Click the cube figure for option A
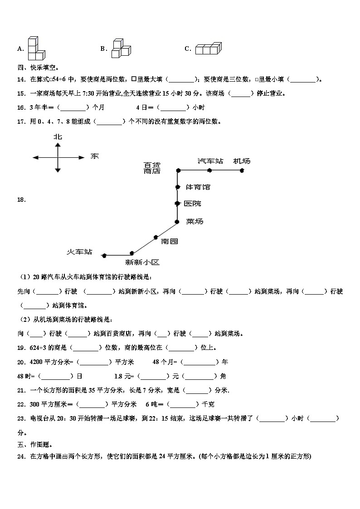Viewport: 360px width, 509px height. [x=35, y=48]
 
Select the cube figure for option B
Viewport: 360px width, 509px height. [x=120, y=48]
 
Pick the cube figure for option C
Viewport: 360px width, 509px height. [x=208, y=48]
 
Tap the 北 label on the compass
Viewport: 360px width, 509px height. [x=58, y=136]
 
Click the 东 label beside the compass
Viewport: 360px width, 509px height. [x=94, y=156]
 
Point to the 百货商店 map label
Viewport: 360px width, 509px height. [x=152, y=168]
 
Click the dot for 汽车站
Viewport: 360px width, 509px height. [x=209, y=170]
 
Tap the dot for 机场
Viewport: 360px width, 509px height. [x=242, y=170]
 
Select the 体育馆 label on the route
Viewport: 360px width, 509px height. [x=198, y=187]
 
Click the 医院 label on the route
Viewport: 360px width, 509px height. [x=192, y=204]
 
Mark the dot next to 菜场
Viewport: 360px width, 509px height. [x=178, y=221]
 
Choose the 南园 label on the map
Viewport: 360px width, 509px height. [x=169, y=241]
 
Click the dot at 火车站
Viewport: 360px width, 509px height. [x=104, y=256]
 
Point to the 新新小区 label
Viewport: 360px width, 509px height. [x=142, y=262]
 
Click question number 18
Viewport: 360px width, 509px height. [x=21, y=199]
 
